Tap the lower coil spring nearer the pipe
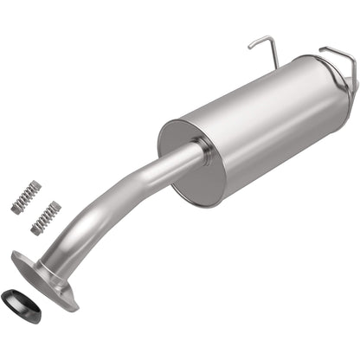tap(45, 218)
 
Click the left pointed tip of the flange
tap(16, 254)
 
